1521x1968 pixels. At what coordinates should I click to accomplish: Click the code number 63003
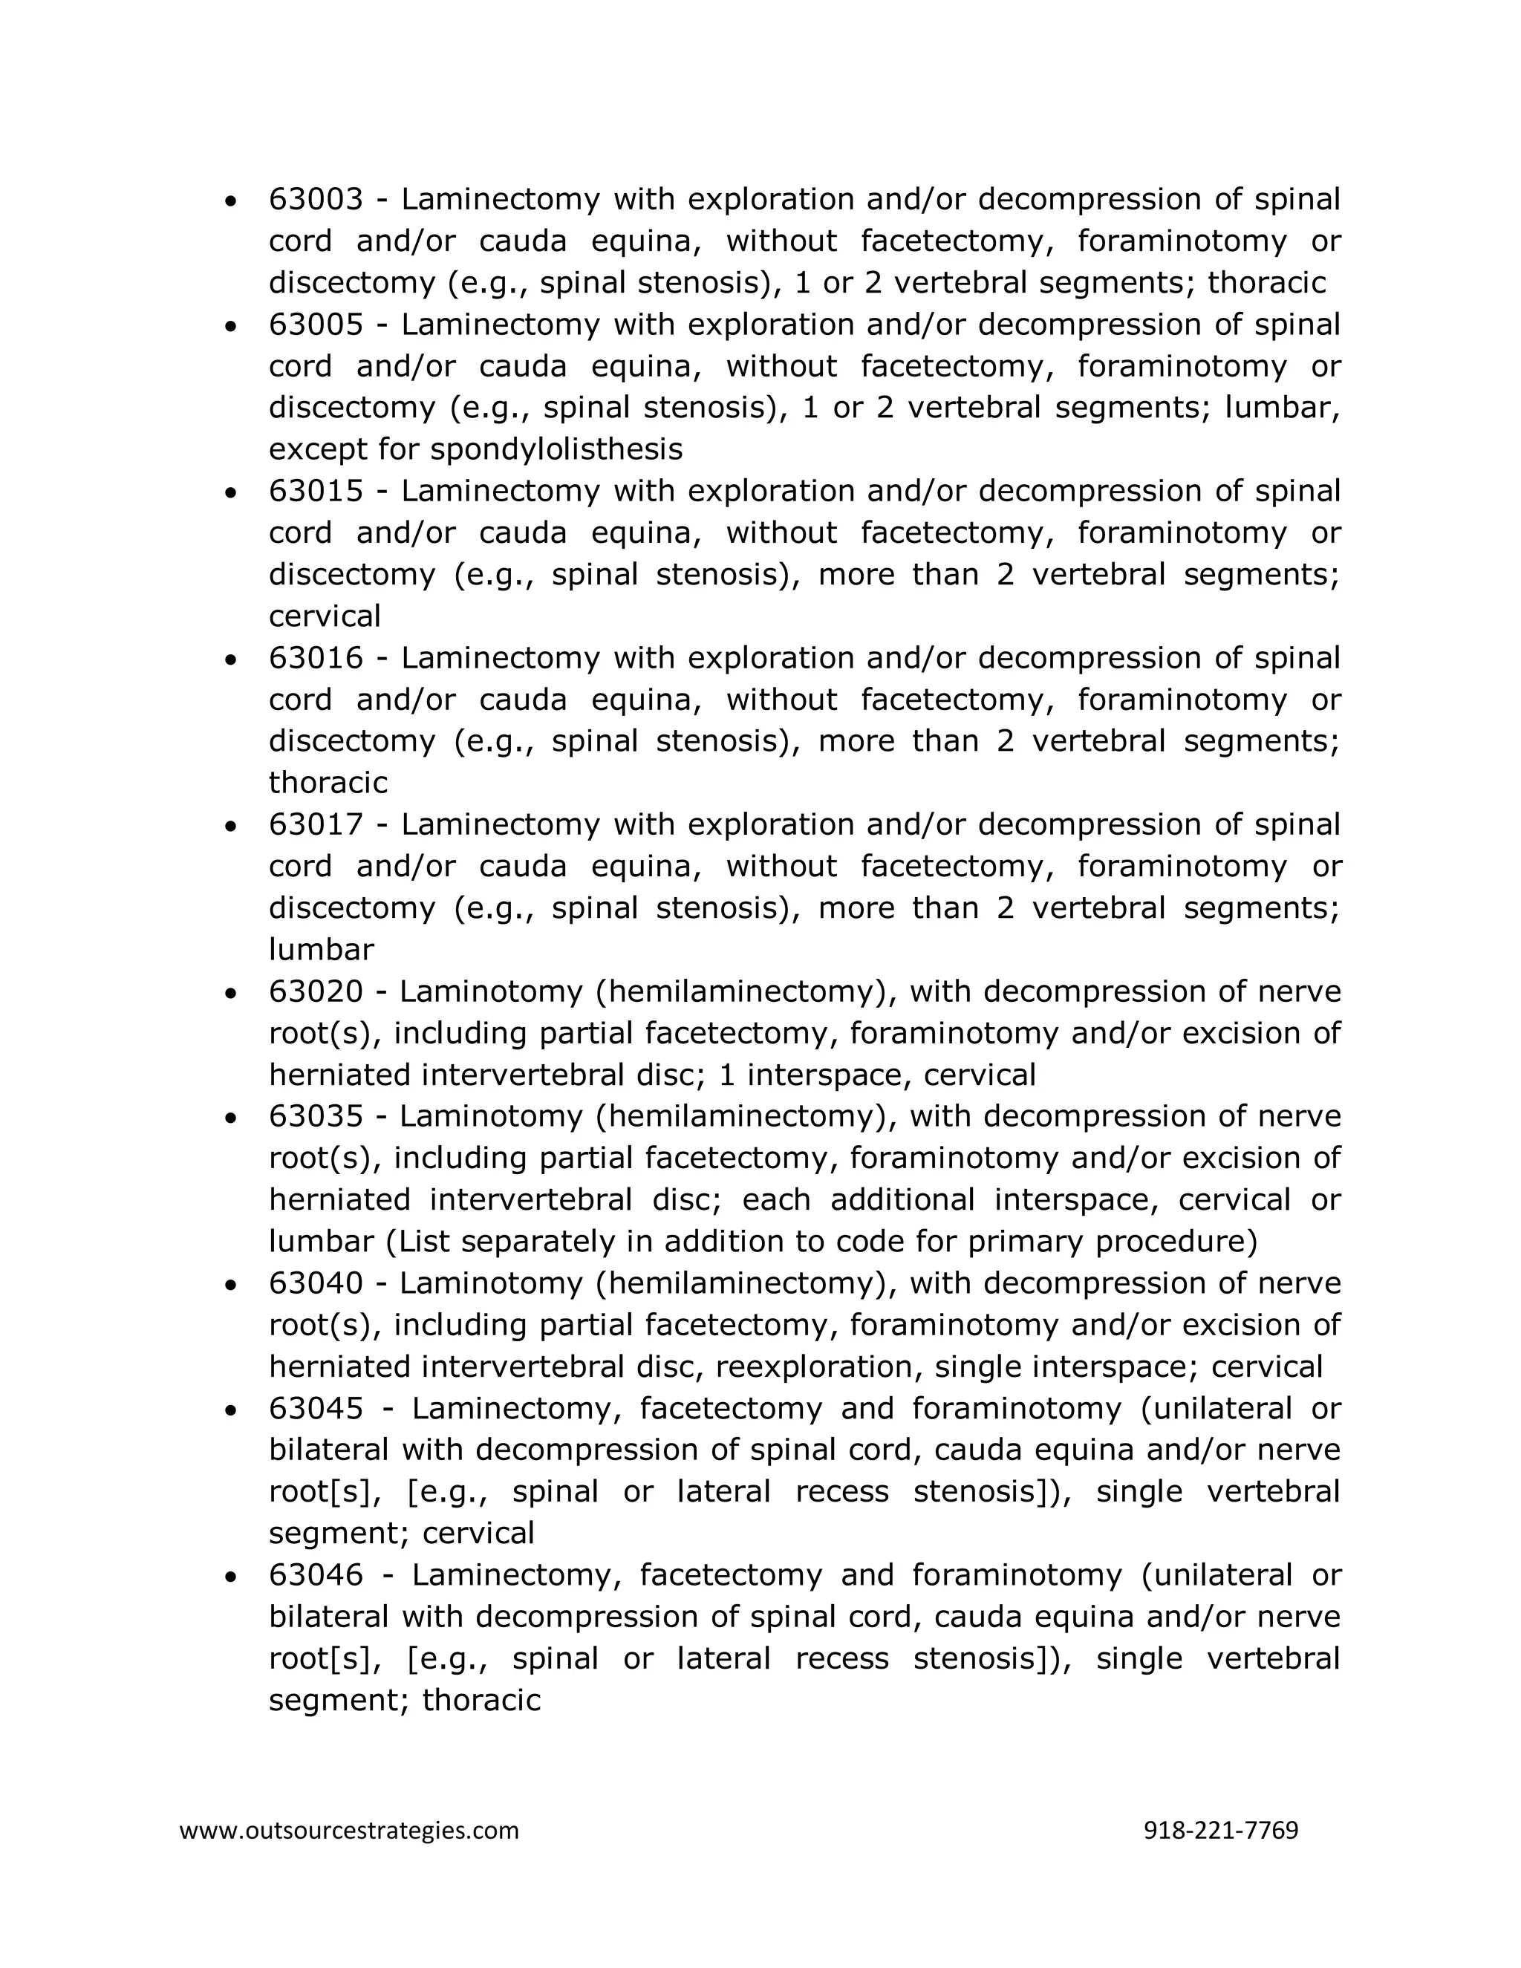[316, 200]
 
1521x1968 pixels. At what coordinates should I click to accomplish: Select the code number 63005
[316, 325]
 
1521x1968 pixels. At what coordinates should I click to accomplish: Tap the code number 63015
[316, 492]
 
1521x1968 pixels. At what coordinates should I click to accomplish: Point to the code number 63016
[316, 659]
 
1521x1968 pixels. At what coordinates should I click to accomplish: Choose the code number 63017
[316, 825]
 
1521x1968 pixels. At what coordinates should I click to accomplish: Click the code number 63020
[316, 992]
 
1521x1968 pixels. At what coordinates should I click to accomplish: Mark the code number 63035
[316, 1116]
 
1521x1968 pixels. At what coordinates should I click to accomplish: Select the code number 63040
[316, 1283]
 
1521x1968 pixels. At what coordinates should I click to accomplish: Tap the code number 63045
[316, 1408]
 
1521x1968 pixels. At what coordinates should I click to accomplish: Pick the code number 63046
[316, 1575]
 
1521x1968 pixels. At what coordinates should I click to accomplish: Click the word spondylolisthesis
[556, 449]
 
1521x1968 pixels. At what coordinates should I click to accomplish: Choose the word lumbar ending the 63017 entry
[321, 950]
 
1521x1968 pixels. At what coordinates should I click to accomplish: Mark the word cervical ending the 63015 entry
[325, 616]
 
